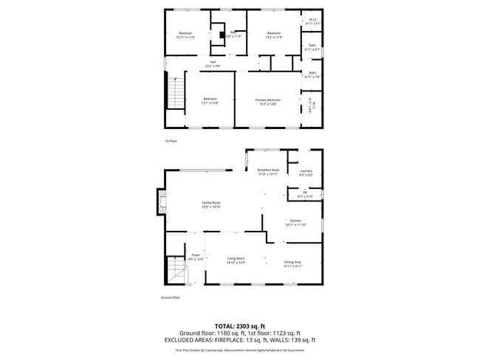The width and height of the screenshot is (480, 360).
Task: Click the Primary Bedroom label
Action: pyautogui.click(x=268, y=101)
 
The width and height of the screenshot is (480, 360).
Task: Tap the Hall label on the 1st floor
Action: pyautogui.click(x=212, y=63)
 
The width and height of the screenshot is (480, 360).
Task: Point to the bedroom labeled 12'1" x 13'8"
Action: pyautogui.click(x=210, y=101)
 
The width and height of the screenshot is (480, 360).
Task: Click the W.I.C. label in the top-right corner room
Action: pyautogui.click(x=313, y=21)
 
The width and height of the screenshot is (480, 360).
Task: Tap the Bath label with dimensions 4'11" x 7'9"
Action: pyautogui.click(x=312, y=74)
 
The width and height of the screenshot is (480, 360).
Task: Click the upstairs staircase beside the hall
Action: pyautogui.click(x=175, y=94)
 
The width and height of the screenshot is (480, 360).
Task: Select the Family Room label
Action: pyautogui.click(x=211, y=204)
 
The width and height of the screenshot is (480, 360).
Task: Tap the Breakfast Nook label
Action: pyautogui.click(x=268, y=171)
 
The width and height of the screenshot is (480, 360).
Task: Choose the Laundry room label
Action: pyautogui.click(x=306, y=173)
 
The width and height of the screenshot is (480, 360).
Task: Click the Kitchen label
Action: pyautogui.click(x=295, y=223)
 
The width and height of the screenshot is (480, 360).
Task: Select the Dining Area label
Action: pyautogui.click(x=293, y=263)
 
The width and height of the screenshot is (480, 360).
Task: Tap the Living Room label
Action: pyautogui.click(x=236, y=260)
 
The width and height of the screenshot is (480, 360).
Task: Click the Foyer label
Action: pyautogui.click(x=196, y=257)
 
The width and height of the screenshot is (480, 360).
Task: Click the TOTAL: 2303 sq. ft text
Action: pyautogui.click(x=239, y=325)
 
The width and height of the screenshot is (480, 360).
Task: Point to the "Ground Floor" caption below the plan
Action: pyautogui.click(x=171, y=298)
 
